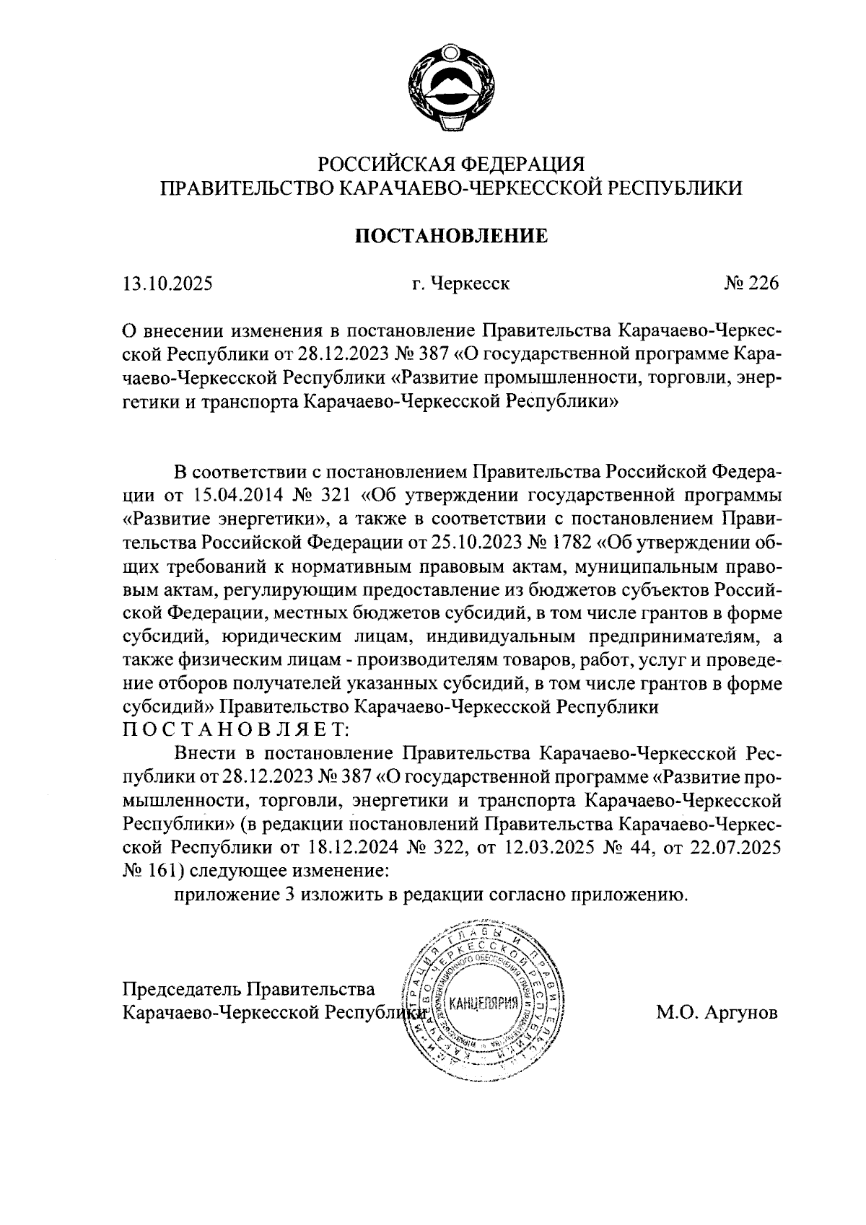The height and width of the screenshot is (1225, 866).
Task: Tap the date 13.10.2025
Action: tap(168, 284)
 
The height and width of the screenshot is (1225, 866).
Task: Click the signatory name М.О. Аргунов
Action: tap(717, 1012)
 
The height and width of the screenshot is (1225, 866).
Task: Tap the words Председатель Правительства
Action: tap(250, 988)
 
